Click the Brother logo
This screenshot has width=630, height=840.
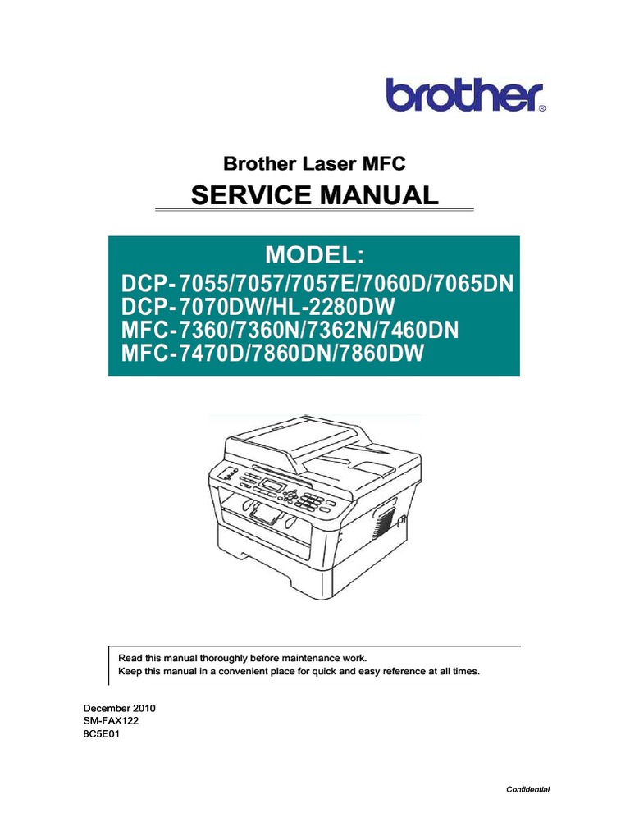tap(463, 95)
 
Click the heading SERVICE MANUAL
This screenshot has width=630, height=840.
tap(314, 196)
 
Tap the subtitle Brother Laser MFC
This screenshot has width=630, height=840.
tap(315, 164)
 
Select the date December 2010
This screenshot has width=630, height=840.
tap(121, 707)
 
